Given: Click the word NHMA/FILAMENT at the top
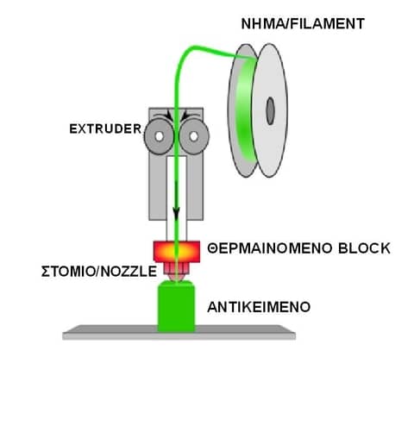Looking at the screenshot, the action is click(303, 23).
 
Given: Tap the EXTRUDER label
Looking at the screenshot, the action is click(105, 128).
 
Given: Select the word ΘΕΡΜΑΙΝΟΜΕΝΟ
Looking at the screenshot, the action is click(270, 248).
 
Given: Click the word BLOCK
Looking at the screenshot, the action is click(364, 248).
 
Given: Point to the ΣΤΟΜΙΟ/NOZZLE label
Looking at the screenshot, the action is click(99, 272).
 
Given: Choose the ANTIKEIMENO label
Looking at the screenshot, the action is click(259, 307).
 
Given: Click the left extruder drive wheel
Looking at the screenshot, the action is click(159, 136).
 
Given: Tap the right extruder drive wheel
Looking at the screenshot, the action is click(194, 136).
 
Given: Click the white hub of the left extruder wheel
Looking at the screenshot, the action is click(159, 136).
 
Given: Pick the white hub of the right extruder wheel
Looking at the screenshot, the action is click(194, 136).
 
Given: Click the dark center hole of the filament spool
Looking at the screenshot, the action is click(270, 111).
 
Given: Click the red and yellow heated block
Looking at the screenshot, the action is click(177, 252).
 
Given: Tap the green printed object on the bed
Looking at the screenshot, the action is click(177, 306).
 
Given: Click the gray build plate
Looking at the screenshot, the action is click(179, 333).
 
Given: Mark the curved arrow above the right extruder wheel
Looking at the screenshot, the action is click(190, 116).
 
